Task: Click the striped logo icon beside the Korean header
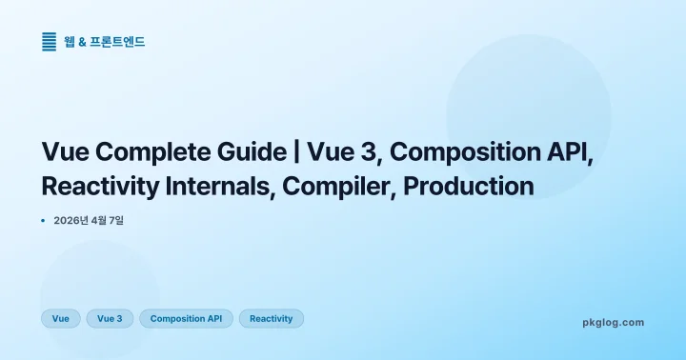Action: click(x=50, y=41)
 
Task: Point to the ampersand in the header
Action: click(x=82, y=42)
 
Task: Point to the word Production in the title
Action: click(x=468, y=186)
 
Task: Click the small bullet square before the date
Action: click(x=44, y=221)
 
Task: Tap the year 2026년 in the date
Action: click(x=72, y=221)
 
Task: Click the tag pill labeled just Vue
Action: click(x=61, y=318)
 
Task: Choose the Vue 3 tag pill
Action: click(x=110, y=318)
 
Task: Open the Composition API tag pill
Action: click(x=186, y=318)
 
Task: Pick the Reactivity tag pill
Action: click(x=271, y=318)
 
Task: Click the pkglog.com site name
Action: click(x=613, y=322)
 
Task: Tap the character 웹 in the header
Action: click(x=69, y=42)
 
